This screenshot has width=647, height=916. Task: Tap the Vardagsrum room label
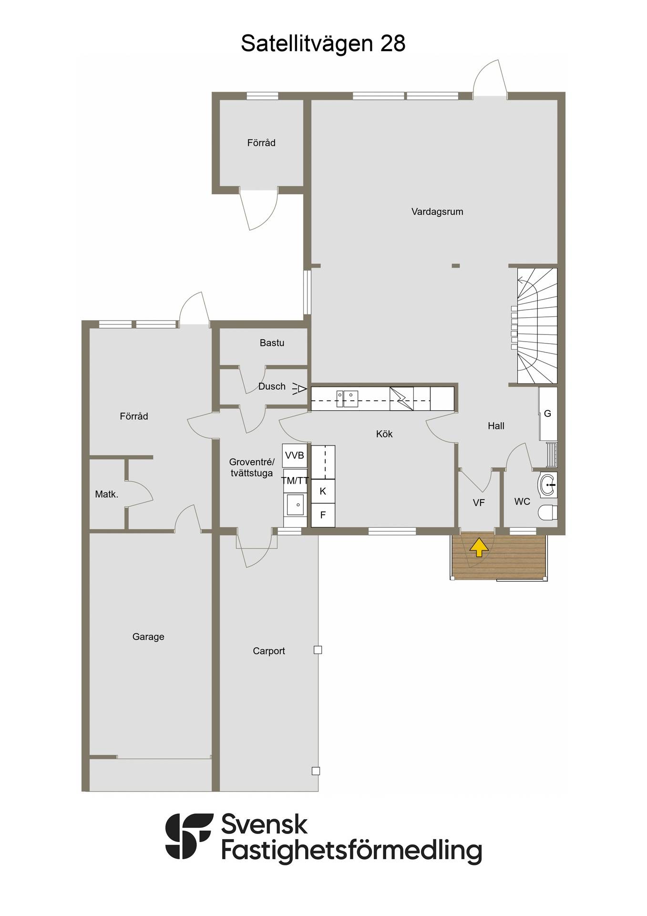437,211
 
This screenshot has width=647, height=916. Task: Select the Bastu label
272,343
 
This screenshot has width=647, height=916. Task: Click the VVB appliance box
295,456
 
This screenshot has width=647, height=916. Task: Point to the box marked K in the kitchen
323,491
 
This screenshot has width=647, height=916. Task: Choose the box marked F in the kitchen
323,515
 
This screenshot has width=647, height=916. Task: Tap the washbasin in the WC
548,485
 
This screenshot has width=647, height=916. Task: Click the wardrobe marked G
548,414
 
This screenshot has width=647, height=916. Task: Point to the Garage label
148,636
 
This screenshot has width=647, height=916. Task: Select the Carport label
269,651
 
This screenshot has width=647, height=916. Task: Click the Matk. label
106,494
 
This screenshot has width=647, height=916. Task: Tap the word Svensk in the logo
265,825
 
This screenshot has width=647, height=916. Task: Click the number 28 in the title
392,43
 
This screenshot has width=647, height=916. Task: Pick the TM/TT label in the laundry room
295,480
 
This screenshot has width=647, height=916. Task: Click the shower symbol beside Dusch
299,389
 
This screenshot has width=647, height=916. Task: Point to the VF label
479,502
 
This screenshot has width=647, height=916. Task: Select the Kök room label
384,434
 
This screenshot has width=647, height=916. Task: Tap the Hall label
496,426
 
